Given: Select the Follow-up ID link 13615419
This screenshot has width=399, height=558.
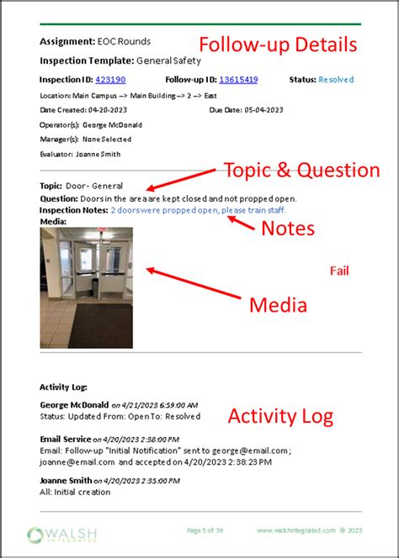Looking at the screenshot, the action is (238, 80).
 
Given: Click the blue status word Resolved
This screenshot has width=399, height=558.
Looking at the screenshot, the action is (335, 80).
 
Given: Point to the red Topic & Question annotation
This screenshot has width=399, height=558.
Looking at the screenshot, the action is (301, 171).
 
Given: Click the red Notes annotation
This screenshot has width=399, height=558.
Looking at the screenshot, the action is (288, 229).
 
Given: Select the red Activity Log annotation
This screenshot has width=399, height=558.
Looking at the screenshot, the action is (281, 416).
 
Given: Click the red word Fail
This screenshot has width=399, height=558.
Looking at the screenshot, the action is (338, 271).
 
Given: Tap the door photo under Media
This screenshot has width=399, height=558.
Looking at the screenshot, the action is (86, 287).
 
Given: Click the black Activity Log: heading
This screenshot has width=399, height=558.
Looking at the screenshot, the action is (64, 387).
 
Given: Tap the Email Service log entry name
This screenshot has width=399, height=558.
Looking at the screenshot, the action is (66, 439).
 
